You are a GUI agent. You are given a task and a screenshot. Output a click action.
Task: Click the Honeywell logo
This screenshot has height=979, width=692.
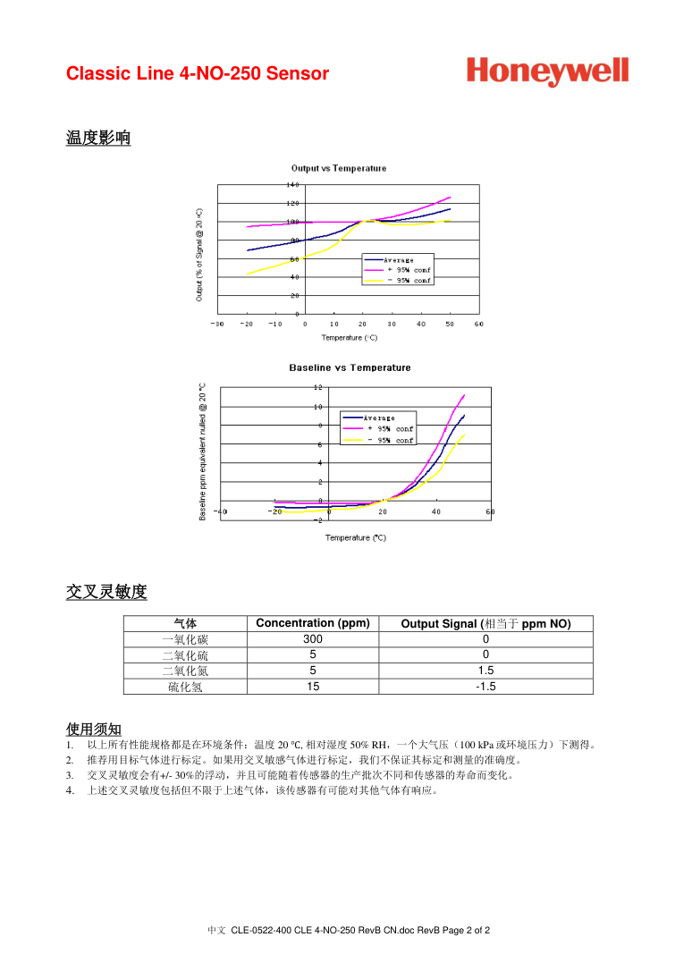[546, 72]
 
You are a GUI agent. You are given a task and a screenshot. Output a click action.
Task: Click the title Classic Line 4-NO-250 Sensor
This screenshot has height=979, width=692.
[198, 73]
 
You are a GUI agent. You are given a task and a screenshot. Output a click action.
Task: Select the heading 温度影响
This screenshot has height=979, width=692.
[98, 138]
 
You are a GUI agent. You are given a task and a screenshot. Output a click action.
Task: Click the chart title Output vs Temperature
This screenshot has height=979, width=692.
[339, 168]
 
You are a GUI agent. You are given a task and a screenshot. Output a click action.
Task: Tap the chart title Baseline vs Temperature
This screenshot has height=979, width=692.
[350, 367]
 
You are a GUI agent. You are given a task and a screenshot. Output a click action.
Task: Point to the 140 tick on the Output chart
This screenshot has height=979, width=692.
[292, 184]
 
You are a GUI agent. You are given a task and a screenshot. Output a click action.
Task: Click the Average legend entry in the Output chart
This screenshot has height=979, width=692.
[399, 260]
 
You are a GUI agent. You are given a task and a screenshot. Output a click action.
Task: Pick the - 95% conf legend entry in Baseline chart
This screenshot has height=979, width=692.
[391, 440]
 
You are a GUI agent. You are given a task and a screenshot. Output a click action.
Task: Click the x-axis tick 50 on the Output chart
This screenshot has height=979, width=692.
[449, 324]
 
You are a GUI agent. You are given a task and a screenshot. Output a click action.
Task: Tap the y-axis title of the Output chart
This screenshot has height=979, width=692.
[199, 255]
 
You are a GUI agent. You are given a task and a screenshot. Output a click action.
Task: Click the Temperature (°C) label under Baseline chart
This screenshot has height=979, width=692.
[355, 537]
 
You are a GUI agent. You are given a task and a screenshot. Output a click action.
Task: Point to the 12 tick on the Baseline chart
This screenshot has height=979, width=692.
[317, 387]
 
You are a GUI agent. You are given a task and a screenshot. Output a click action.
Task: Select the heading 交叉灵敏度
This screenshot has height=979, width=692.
[106, 592]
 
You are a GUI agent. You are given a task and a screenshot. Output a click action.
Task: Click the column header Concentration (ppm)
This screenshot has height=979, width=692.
[312, 623]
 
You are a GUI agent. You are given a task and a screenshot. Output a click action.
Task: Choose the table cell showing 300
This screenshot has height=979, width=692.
[312, 639]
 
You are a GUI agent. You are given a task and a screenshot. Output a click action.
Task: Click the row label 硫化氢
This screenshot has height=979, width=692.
[185, 687]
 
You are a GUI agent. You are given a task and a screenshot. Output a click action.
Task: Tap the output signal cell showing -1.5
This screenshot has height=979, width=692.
[485, 687]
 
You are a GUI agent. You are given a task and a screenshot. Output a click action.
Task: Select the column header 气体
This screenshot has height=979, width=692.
[185, 623]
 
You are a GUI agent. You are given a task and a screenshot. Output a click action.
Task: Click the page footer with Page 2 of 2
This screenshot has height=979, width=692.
[349, 931]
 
